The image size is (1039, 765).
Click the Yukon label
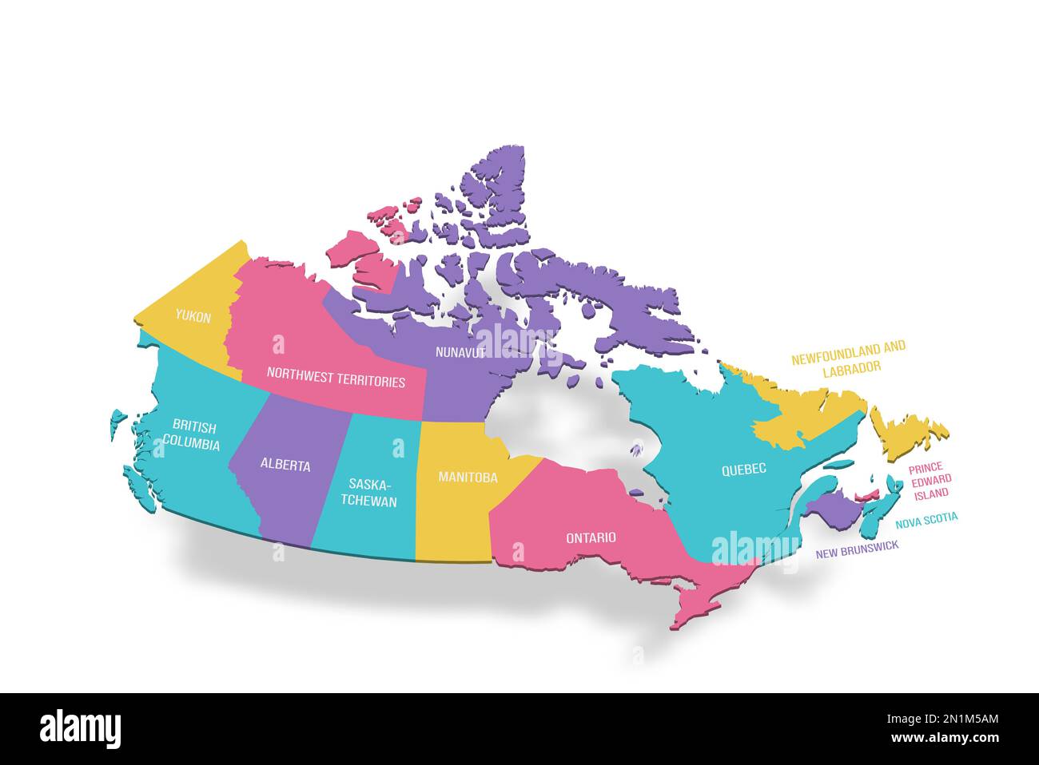[193, 317]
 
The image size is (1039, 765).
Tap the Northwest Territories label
[336, 382]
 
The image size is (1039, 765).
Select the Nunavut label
[460, 351]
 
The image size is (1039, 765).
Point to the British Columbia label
[191, 437]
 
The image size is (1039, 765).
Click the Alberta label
[285, 466]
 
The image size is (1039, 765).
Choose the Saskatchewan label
[372, 493]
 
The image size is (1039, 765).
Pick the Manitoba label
[468, 478]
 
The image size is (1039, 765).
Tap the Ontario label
[591, 537]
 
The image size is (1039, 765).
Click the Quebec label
[743, 470]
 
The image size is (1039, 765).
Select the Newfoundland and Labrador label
[848, 356]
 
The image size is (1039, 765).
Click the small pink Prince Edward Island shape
[866, 496]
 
